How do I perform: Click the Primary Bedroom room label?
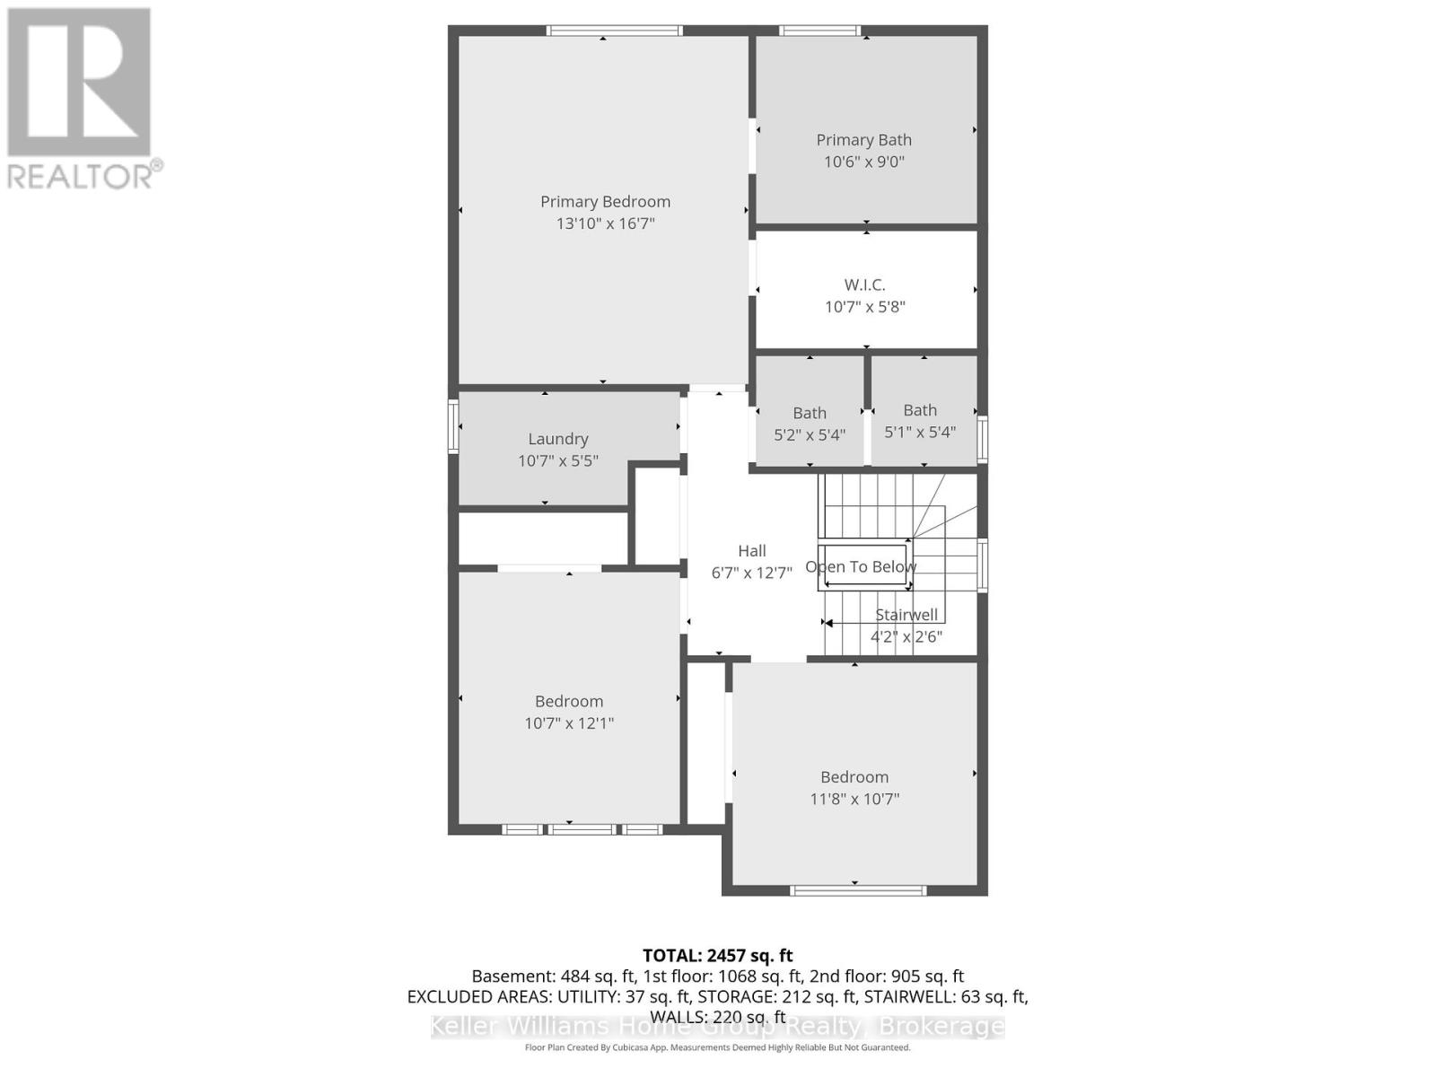[x=605, y=202]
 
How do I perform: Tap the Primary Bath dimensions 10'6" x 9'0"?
[x=864, y=162]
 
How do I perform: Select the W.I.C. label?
[x=864, y=285]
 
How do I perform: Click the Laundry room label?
[x=557, y=439]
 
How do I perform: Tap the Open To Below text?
[x=861, y=567]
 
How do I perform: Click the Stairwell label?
[x=906, y=615]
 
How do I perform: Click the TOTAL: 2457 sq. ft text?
[x=717, y=956]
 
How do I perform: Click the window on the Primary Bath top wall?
[x=819, y=31]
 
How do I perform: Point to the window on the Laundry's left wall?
[x=453, y=426]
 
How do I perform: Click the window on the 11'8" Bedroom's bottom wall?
[x=857, y=890]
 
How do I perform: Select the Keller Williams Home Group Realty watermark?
[x=717, y=1027]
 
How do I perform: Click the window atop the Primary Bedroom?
[x=615, y=31]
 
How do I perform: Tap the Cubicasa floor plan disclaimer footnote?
[x=717, y=1047]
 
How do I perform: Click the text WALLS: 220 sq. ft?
[x=717, y=1016]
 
